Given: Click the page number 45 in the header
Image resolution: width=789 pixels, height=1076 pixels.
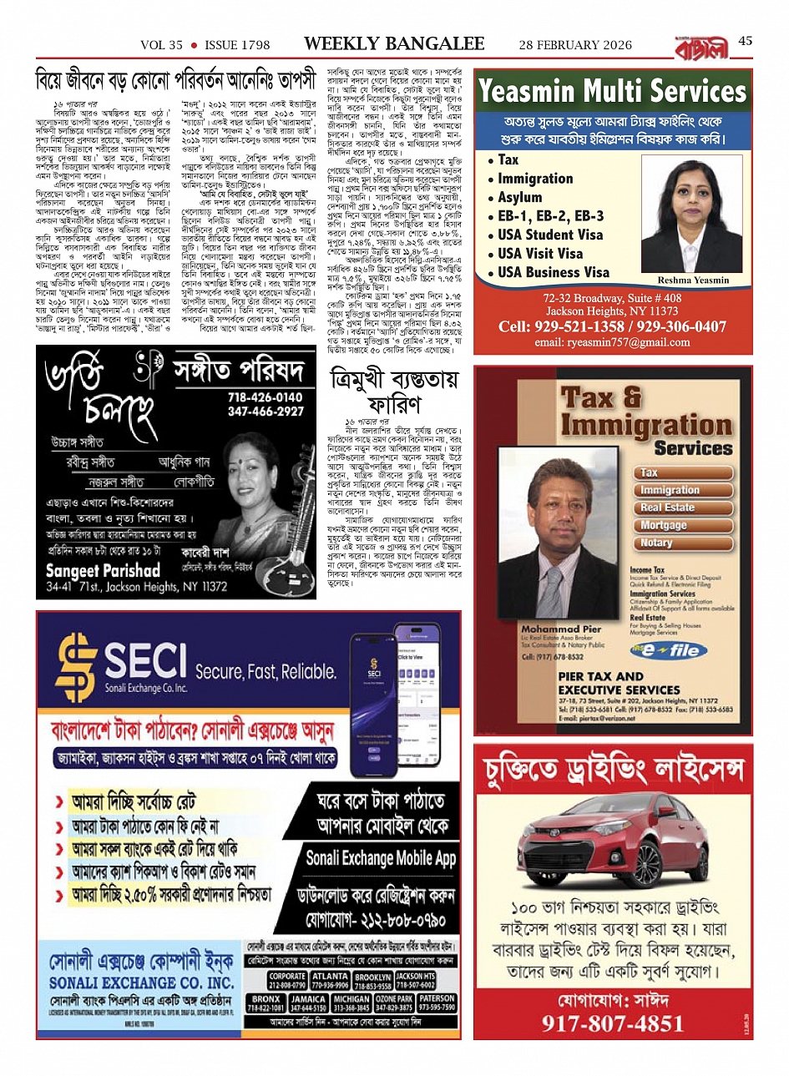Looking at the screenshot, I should [745, 42].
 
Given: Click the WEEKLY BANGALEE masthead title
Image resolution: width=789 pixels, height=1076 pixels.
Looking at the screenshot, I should [394, 43].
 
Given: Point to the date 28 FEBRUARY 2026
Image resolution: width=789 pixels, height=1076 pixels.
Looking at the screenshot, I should [575, 45].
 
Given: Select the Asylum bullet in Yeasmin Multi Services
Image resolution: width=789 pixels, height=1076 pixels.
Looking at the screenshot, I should [519, 198].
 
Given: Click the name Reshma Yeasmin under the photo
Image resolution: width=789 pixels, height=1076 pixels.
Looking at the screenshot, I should [693, 280].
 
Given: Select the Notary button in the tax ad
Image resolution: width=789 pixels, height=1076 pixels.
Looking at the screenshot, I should [656, 543].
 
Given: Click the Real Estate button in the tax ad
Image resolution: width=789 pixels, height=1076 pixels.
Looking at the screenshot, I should [667, 508].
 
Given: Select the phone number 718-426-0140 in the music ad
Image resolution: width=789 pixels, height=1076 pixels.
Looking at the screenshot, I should [265, 397].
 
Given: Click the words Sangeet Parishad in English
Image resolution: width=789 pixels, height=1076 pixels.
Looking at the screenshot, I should [103, 571].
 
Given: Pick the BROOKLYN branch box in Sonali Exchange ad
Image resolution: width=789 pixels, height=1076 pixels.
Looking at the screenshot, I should [372, 981].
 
